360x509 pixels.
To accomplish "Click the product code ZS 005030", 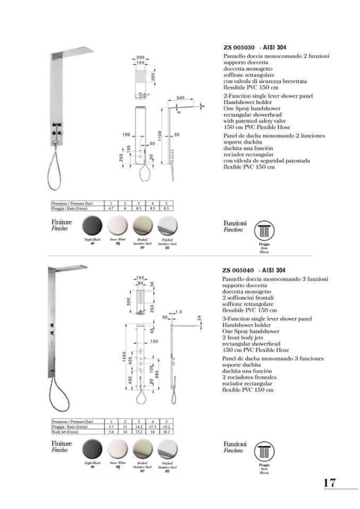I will (239, 48).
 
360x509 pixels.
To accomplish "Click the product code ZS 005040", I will (239, 270).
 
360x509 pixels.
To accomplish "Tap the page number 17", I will (329, 482).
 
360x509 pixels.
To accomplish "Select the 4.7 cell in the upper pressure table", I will (111, 209).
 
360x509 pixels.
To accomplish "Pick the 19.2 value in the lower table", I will (166, 426).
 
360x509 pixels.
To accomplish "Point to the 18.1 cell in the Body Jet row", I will (166, 432).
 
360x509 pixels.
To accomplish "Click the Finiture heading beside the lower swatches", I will (62, 443).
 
